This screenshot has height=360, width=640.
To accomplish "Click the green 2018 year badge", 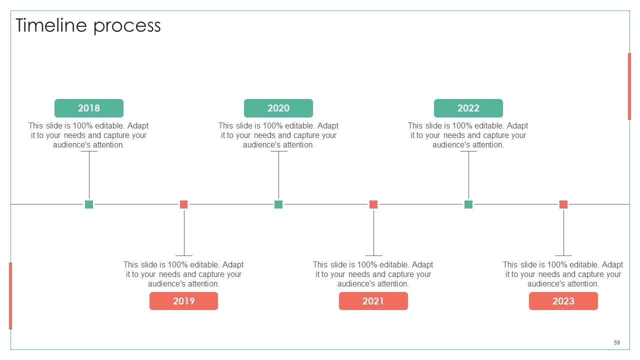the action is click(x=89, y=108).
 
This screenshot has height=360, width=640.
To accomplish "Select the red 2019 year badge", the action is click(x=183, y=301).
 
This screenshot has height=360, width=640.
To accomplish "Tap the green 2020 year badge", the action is click(x=278, y=108).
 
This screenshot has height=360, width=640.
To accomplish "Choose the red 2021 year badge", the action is click(x=373, y=301).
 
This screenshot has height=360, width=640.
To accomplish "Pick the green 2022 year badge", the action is click(x=468, y=108).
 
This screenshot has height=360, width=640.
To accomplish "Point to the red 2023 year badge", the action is click(x=563, y=301).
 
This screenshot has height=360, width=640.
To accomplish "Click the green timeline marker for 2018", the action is click(x=89, y=204).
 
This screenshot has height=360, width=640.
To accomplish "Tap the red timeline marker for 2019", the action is click(x=183, y=204).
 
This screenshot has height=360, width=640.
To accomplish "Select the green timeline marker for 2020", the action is click(x=278, y=204).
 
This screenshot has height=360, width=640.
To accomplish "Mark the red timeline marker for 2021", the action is click(x=373, y=204).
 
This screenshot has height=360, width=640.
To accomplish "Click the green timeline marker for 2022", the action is click(x=468, y=204).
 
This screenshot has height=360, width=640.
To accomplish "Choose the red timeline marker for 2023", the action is click(x=563, y=204).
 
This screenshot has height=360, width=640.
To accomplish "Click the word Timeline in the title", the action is click(x=51, y=25).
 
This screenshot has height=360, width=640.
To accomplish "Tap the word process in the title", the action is click(x=127, y=27).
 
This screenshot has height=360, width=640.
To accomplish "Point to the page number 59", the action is click(x=617, y=342).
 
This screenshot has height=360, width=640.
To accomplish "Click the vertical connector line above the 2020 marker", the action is click(x=278, y=174).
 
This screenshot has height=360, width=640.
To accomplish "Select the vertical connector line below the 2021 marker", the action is click(x=373, y=233).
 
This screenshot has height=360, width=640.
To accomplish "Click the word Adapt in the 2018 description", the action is click(x=138, y=125).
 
